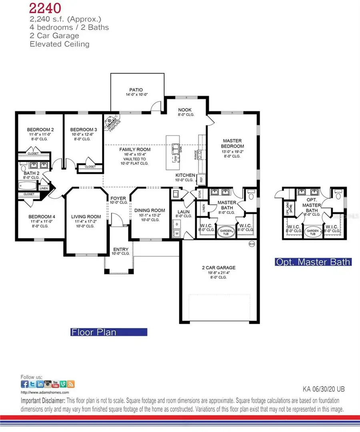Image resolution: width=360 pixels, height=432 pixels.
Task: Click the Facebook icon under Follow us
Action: point(24,384)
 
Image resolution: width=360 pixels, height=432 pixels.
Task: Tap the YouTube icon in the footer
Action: point(56,384)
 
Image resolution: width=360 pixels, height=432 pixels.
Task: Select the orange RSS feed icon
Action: point(71,384)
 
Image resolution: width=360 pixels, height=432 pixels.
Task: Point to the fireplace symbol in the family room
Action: point(112,121)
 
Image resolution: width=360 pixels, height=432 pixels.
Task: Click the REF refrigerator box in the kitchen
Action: point(201,180)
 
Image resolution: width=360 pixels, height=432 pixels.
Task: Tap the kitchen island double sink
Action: point(175,149)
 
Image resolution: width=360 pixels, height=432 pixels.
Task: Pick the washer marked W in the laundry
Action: point(176,233)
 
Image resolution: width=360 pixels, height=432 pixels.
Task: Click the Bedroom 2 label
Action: point(40,129)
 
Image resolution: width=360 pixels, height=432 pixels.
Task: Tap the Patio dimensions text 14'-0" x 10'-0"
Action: point(136,95)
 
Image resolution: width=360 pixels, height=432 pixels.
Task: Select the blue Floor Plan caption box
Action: point(109,332)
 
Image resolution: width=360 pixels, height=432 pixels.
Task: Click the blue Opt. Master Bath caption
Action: point(314,262)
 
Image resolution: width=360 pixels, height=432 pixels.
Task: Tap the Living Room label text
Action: point(86,217)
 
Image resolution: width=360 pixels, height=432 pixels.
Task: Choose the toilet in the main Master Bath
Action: point(252,195)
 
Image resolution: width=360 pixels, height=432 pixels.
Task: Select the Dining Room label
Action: point(150,210)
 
